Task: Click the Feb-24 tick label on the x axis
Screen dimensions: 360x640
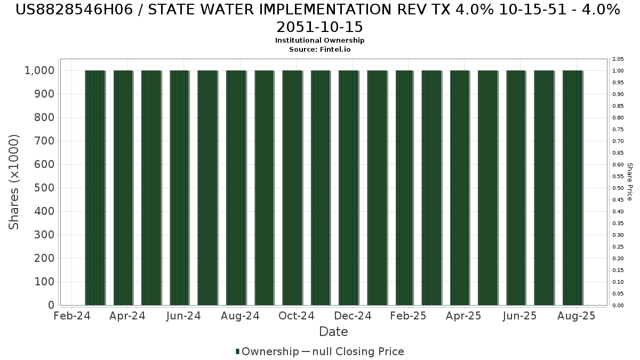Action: pyautogui.click(x=72, y=316)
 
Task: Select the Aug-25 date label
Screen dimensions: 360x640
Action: pyautogui.click(x=576, y=316)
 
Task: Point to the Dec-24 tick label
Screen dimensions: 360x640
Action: pyautogui.click(x=353, y=316)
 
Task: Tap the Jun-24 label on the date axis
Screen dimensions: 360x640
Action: pyautogui.click(x=183, y=316)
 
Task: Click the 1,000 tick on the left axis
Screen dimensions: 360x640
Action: pyautogui.click(x=39, y=70)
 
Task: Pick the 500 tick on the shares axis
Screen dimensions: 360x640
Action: pyautogui.click(x=44, y=188)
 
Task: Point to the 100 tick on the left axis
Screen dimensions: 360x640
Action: pyautogui.click(x=44, y=282)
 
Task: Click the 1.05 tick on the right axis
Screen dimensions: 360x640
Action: pyautogui.click(x=618, y=59)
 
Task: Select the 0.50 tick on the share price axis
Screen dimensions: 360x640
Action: pyautogui.click(x=618, y=188)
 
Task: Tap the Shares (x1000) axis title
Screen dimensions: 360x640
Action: pyautogui.click(x=14, y=182)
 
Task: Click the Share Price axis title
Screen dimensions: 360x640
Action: pyautogui.click(x=629, y=182)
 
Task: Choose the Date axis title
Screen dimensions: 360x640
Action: pyautogui.click(x=333, y=332)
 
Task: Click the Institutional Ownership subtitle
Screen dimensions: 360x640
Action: pyautogui.click(x=319, y=41)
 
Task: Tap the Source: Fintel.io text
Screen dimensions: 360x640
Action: pyautogui.click(x=319, y=49)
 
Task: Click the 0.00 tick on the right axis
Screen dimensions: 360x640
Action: pyautogui.click(x=618, y=305)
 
